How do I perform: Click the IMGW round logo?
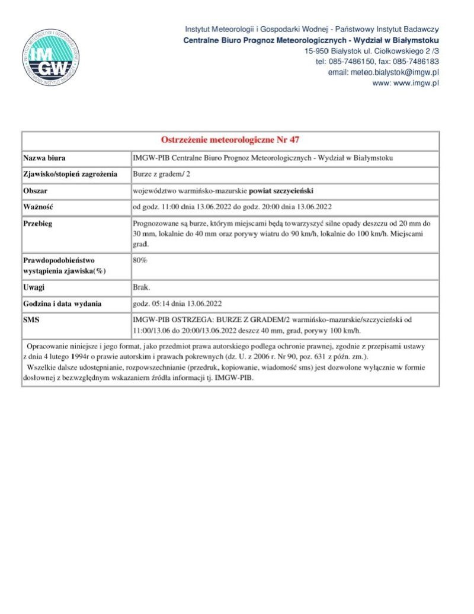point(52,55)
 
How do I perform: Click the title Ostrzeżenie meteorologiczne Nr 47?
point(230,140)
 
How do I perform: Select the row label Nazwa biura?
point(44,158)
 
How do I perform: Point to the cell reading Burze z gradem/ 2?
point(161,175)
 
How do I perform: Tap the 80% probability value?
point(140,260)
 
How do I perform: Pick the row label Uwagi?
point(34,287)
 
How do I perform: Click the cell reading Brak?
point(142,287)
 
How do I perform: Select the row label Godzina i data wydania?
point(62,304)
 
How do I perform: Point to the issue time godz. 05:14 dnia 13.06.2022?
point(177,304)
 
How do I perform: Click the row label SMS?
point(31,319)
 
